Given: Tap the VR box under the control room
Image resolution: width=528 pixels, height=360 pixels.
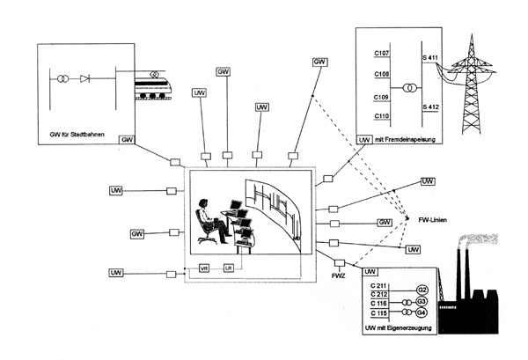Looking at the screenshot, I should click(205, 268).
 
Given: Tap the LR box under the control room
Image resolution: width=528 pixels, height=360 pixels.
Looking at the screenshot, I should click(229, 268).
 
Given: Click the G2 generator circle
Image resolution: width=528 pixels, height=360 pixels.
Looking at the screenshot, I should click(422, 289).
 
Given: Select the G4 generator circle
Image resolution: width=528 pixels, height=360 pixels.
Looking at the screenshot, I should click(422, 313).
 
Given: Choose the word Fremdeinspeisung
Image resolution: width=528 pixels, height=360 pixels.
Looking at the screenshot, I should click(413, 139).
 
